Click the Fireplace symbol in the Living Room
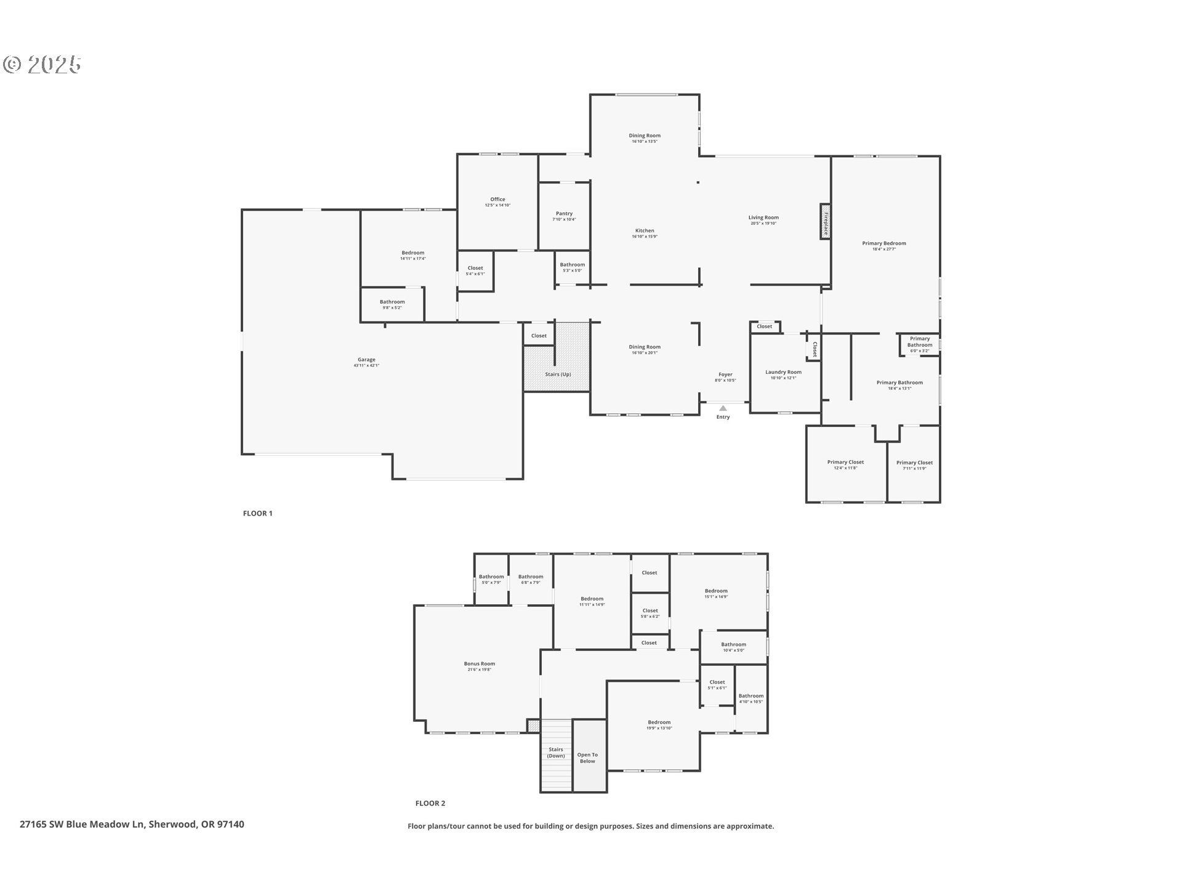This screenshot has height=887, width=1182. (825, 221)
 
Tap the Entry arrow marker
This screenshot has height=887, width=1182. (723, 408)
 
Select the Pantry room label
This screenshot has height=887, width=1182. (564, 214)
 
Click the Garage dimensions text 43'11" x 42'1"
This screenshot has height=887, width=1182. (366, 366)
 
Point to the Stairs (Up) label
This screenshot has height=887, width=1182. (558, 375)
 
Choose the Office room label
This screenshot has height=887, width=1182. (497, 200)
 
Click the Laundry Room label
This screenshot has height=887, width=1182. (783, 372)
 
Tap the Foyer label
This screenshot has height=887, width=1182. (725, 375)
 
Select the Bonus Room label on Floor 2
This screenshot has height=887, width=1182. (479, 664)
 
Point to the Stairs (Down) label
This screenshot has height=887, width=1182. (556, 753)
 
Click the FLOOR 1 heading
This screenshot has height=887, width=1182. (257, 513)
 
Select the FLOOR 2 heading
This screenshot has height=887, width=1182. (430, 803)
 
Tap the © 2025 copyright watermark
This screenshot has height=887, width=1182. (42, 64)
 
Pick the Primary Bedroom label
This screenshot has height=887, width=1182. (883, 243)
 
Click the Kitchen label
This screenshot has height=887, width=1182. (645, 231)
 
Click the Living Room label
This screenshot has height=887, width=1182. (763, 217)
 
